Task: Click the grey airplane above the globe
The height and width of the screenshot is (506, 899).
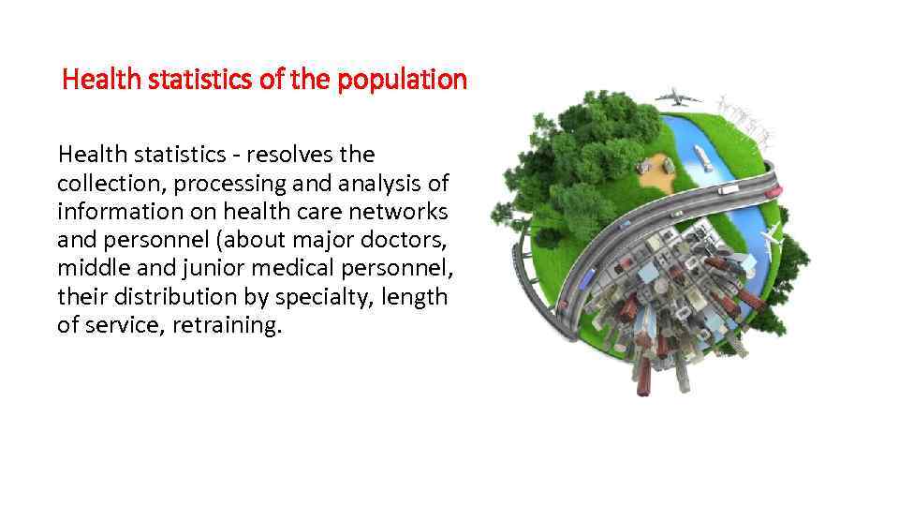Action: pyautogui.click(x=679, y=97)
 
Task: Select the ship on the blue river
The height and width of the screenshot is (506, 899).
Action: pyautogui.click(x=702, y=156)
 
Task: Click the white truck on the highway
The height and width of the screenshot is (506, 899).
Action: pyautogui.click(x=728, y=189)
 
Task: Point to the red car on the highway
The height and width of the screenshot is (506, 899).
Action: pyautogui.click(x=774, y=192)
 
